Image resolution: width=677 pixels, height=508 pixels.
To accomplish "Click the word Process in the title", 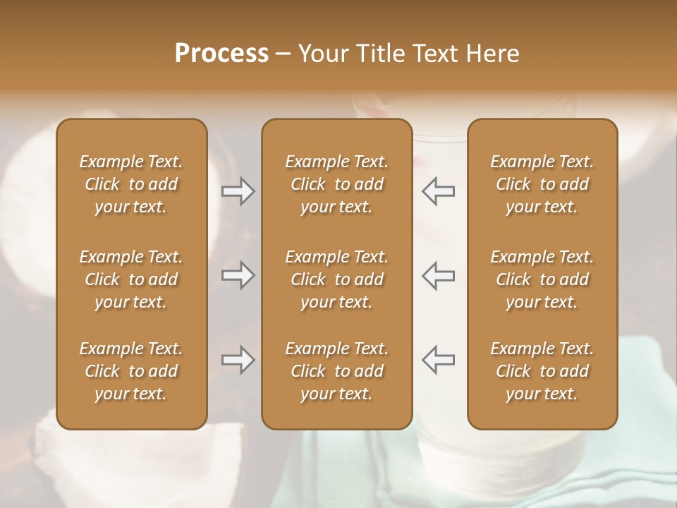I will [x=221, y=54].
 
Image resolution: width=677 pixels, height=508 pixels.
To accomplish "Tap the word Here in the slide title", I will [x=492, y=54].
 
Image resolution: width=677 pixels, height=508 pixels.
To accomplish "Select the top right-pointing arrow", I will [x=238, y=191].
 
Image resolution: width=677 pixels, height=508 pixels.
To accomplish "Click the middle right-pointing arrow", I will [x=238, y=275].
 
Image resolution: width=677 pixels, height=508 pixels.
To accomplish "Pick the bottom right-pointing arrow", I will [x=238, y=360].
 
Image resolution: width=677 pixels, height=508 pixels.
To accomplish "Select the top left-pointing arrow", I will [x=438, y=191].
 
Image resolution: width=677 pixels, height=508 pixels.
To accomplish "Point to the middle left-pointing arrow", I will [x=438, y=275].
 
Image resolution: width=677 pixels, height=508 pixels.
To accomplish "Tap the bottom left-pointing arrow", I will [x=438, y=360].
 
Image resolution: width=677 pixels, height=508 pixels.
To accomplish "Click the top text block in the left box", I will [x=131, y=184].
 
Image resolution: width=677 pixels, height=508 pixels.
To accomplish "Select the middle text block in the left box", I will [x=131, y=279].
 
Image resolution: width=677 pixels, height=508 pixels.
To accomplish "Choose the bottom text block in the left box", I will [x=131, y=371].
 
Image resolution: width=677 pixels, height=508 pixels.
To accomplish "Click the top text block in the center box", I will [x=337, y=184].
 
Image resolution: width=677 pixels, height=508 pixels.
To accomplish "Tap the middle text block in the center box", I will [x=337, y=279].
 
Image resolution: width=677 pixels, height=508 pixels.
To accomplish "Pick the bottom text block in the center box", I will [x=337, y=371].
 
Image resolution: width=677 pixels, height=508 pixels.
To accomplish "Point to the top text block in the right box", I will [x=542, y=184].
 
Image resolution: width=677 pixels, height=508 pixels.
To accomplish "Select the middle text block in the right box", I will [x=542, y=279].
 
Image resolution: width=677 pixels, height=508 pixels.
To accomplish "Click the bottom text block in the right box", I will [x=542, y=371].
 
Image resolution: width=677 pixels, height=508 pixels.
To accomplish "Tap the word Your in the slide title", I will [x=322, y=54].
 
